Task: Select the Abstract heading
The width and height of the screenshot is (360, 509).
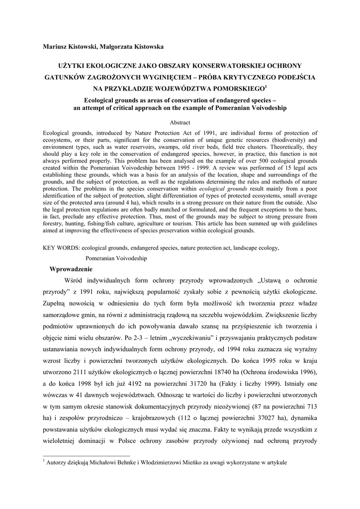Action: point(180,122)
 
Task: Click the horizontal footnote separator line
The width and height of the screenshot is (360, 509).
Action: point(87,455)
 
